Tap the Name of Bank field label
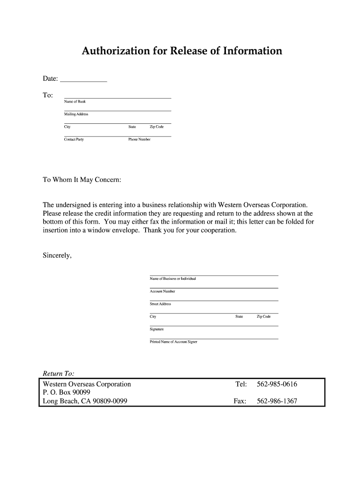(x=75, y=102)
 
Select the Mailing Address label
(x=76, y=114)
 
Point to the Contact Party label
(x=74, y=139)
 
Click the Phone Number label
(x=139, y=139)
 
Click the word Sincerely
(x=57, y=255)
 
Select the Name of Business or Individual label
(x=173, y=279)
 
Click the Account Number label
(x=162, y=291)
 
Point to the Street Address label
(x=160, y=304)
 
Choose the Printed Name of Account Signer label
(x=173, y=341)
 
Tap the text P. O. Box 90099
(x=67, y=393)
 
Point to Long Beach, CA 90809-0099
(x=85, y=401)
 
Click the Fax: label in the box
(x=240, y=401)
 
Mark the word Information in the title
(x=252, y=51)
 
